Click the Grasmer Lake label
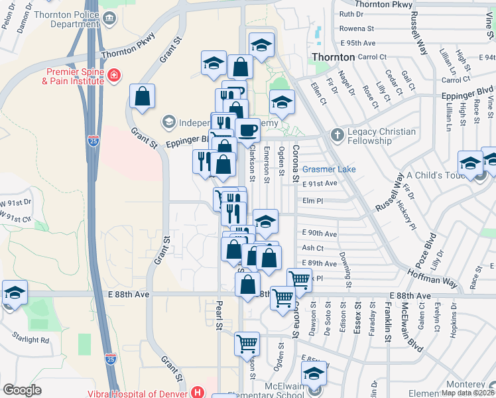coord(329,169)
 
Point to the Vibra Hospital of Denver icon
coord(196,392)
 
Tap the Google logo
coord(22,391)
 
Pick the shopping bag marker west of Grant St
coord(143,98)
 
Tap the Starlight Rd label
coord(27,340)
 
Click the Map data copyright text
coord(468,393)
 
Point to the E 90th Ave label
coord(319,233)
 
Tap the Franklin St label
coord(387,319)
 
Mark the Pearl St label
coord(218,316)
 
